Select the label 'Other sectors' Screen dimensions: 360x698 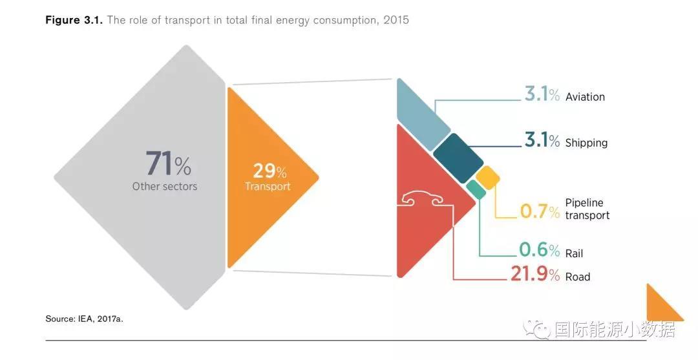pos(165,186)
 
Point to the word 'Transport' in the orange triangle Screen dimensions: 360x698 pos(268,186)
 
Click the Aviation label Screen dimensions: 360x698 pos(585,97)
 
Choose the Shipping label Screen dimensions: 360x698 pos(586,143)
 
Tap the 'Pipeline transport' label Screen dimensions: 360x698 pos(587,209)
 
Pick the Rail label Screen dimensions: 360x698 pos(574,254)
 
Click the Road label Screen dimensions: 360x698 pos(578,277)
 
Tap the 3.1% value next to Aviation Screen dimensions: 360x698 pos(542,95)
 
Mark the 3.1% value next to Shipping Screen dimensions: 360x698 pos(542,140)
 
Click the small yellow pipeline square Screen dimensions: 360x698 pos(488,178)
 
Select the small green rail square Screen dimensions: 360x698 pos(476,189)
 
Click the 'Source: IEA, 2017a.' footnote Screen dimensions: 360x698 pos(84,319)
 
